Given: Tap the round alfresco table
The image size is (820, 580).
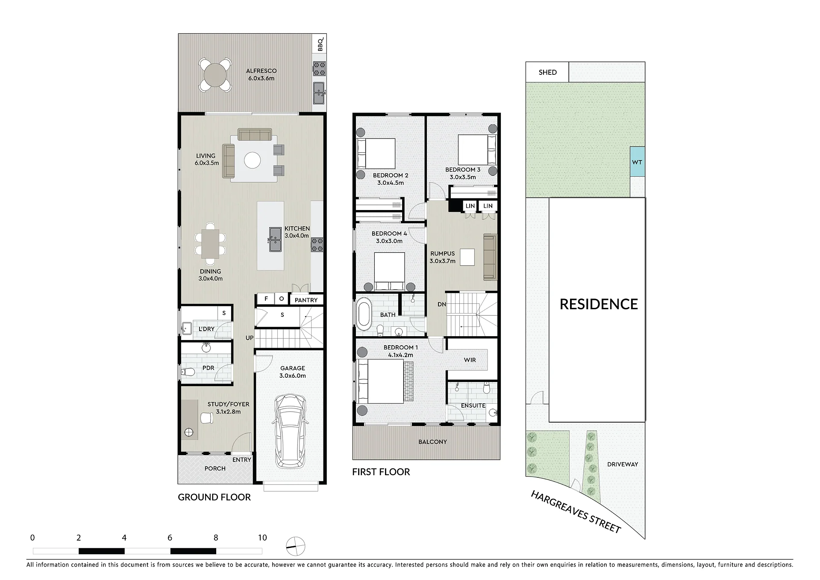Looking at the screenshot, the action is click(215, 75).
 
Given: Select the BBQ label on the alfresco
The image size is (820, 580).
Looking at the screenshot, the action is click(320, 44).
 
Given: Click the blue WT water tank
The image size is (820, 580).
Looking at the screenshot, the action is click(637, 162).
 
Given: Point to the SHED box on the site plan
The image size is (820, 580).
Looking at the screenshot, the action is click(547, 72).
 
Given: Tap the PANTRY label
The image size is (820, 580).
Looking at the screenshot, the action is click(306, 300).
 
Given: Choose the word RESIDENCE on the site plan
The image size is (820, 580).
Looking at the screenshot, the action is click(599, 304).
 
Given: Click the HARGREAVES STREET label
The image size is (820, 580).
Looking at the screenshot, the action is click(576, 512).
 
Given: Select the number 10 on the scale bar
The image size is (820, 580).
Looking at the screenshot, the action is click(262, 538).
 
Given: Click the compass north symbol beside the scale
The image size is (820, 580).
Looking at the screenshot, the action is click(296, 546).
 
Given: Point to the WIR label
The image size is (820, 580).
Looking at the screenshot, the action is click(470, 360).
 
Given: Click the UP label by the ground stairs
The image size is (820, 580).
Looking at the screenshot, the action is click(250, 338).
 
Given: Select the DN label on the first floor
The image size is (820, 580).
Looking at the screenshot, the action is click(442, 305).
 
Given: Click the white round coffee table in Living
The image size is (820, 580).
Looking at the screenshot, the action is click(252, 161).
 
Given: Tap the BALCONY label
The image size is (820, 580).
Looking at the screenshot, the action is click(432, 442).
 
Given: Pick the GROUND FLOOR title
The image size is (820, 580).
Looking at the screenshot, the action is click(214, 497).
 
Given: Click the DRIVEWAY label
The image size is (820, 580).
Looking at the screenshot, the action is click(623, 464).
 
